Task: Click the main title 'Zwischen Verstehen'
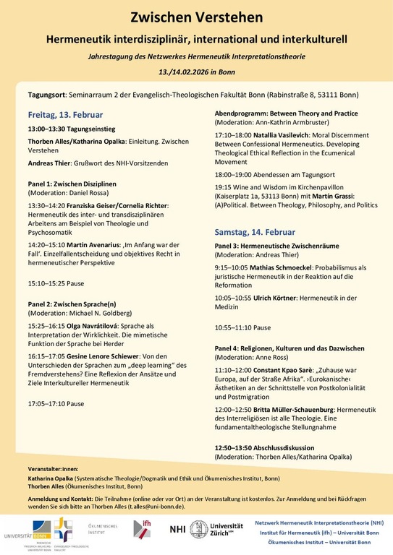pos(196,15)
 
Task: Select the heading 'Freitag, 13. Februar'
pos(65,114)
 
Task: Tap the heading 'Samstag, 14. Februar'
pos(254,233)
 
